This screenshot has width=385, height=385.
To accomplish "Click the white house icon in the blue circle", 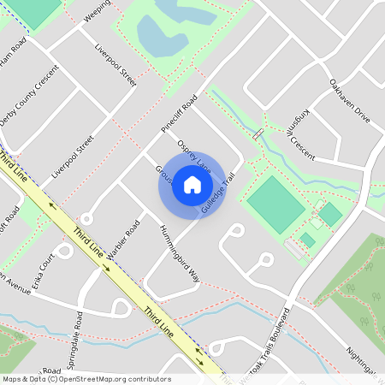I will coord(192,185).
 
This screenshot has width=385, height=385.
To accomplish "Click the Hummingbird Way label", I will coord(180,254).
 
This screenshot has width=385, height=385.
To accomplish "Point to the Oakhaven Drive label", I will coord(349,101).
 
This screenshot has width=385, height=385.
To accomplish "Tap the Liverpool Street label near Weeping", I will coord(115,65).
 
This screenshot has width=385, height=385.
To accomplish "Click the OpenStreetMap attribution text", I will coord(86,379).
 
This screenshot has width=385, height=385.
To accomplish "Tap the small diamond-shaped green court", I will coord(330,214).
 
